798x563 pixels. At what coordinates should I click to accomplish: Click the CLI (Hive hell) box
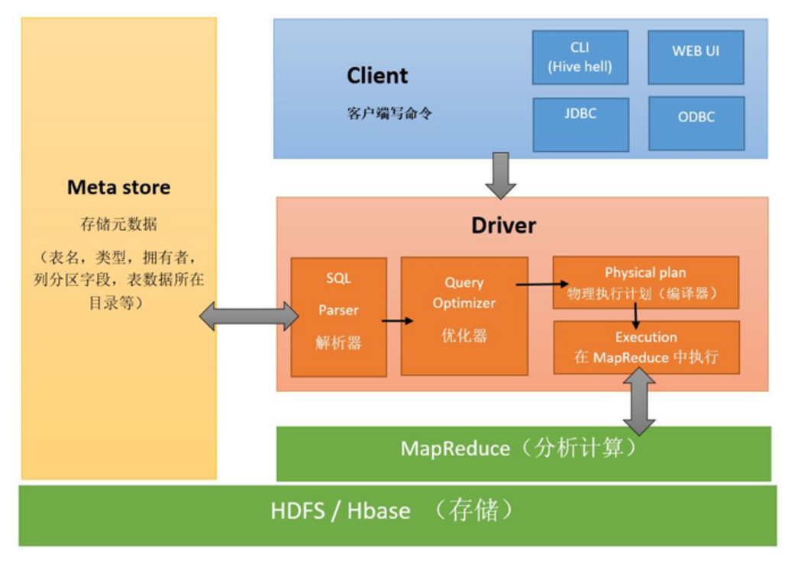(x=580, y=57)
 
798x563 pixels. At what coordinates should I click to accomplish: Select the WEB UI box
(x=696, y=57)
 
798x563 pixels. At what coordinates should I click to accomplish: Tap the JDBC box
(x=580, y=124)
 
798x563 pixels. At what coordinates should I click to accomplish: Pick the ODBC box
(x=696, y=124)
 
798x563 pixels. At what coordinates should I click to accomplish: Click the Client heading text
(x=377, y=76)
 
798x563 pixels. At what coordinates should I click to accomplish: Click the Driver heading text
(x=503, y=226)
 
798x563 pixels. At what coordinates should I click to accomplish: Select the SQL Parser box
(x=338, y=317)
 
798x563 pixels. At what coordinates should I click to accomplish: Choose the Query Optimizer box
(x=464, y=316)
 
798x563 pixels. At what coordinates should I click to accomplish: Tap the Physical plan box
(x=645, y=282)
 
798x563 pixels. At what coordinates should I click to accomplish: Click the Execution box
(x=646, y=348)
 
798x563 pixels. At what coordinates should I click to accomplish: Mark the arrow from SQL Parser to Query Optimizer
(x=397, y=320)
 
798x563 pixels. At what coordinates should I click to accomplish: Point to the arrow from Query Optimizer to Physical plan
(x=535, y=285)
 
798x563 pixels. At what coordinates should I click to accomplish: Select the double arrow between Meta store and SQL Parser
(x=249, y=316)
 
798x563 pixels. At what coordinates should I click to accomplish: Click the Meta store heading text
(x=119, y=188)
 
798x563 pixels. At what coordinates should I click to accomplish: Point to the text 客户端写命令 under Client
(x=389, y=114)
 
